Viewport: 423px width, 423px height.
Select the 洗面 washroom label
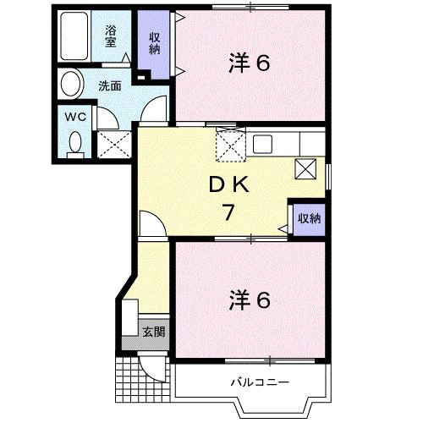(x=108, y=85)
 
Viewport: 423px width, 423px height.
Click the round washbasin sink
(x=71, y=85)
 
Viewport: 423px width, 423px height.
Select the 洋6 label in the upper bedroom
(x=250, y=63)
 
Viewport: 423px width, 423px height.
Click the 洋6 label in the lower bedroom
(x=250, y=299)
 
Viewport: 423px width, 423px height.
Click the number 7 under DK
(x=227, y=212)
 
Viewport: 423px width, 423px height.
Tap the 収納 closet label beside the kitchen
(x=308, y=218)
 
